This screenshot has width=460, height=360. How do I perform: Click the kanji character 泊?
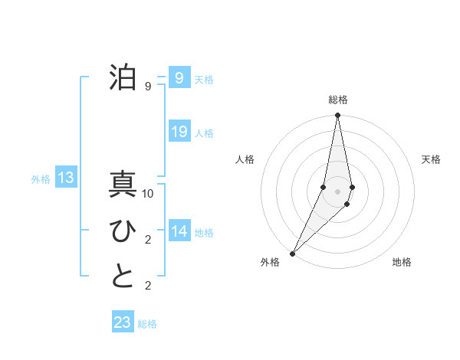point(123,77)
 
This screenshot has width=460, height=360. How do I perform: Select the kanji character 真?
point(123,186)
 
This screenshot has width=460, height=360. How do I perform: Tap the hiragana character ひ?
point(123,231)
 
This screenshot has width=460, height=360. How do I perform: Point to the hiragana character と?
point(123,277)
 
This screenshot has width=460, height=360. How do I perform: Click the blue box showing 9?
point(179,77)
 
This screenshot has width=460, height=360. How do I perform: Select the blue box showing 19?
point(179,131)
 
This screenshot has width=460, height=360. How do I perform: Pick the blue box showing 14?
point(179,231)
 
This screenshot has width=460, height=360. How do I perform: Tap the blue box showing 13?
point(65,178)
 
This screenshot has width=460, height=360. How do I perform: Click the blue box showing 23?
point(123,322)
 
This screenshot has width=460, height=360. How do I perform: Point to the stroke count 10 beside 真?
point(148,194)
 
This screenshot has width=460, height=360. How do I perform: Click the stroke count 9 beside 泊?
point(148,87)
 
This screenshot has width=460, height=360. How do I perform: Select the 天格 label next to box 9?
point(204,80)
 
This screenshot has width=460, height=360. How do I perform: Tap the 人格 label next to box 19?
point(204,133)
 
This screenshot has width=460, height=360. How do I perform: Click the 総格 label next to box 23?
point(147,325)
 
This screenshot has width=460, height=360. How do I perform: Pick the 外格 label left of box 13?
point(41,180)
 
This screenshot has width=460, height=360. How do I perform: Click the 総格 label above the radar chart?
point(337,100)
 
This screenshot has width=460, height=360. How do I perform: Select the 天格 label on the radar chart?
point(431,159)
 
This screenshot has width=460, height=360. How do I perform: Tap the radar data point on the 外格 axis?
point(293,254)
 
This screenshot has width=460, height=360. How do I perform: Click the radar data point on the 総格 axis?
point(337,116)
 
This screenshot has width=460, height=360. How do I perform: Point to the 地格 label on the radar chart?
point(402,263)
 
